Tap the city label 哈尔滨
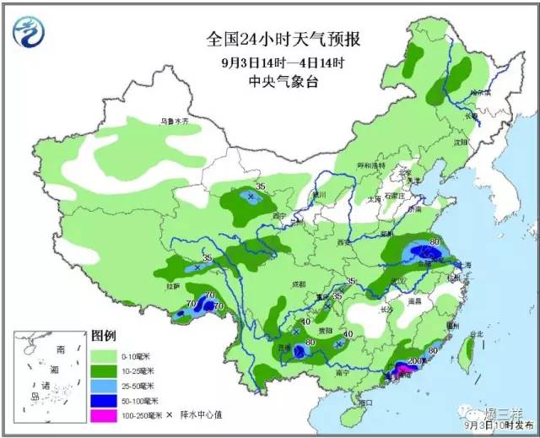click(481, 91)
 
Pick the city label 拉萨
click(174, 286)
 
